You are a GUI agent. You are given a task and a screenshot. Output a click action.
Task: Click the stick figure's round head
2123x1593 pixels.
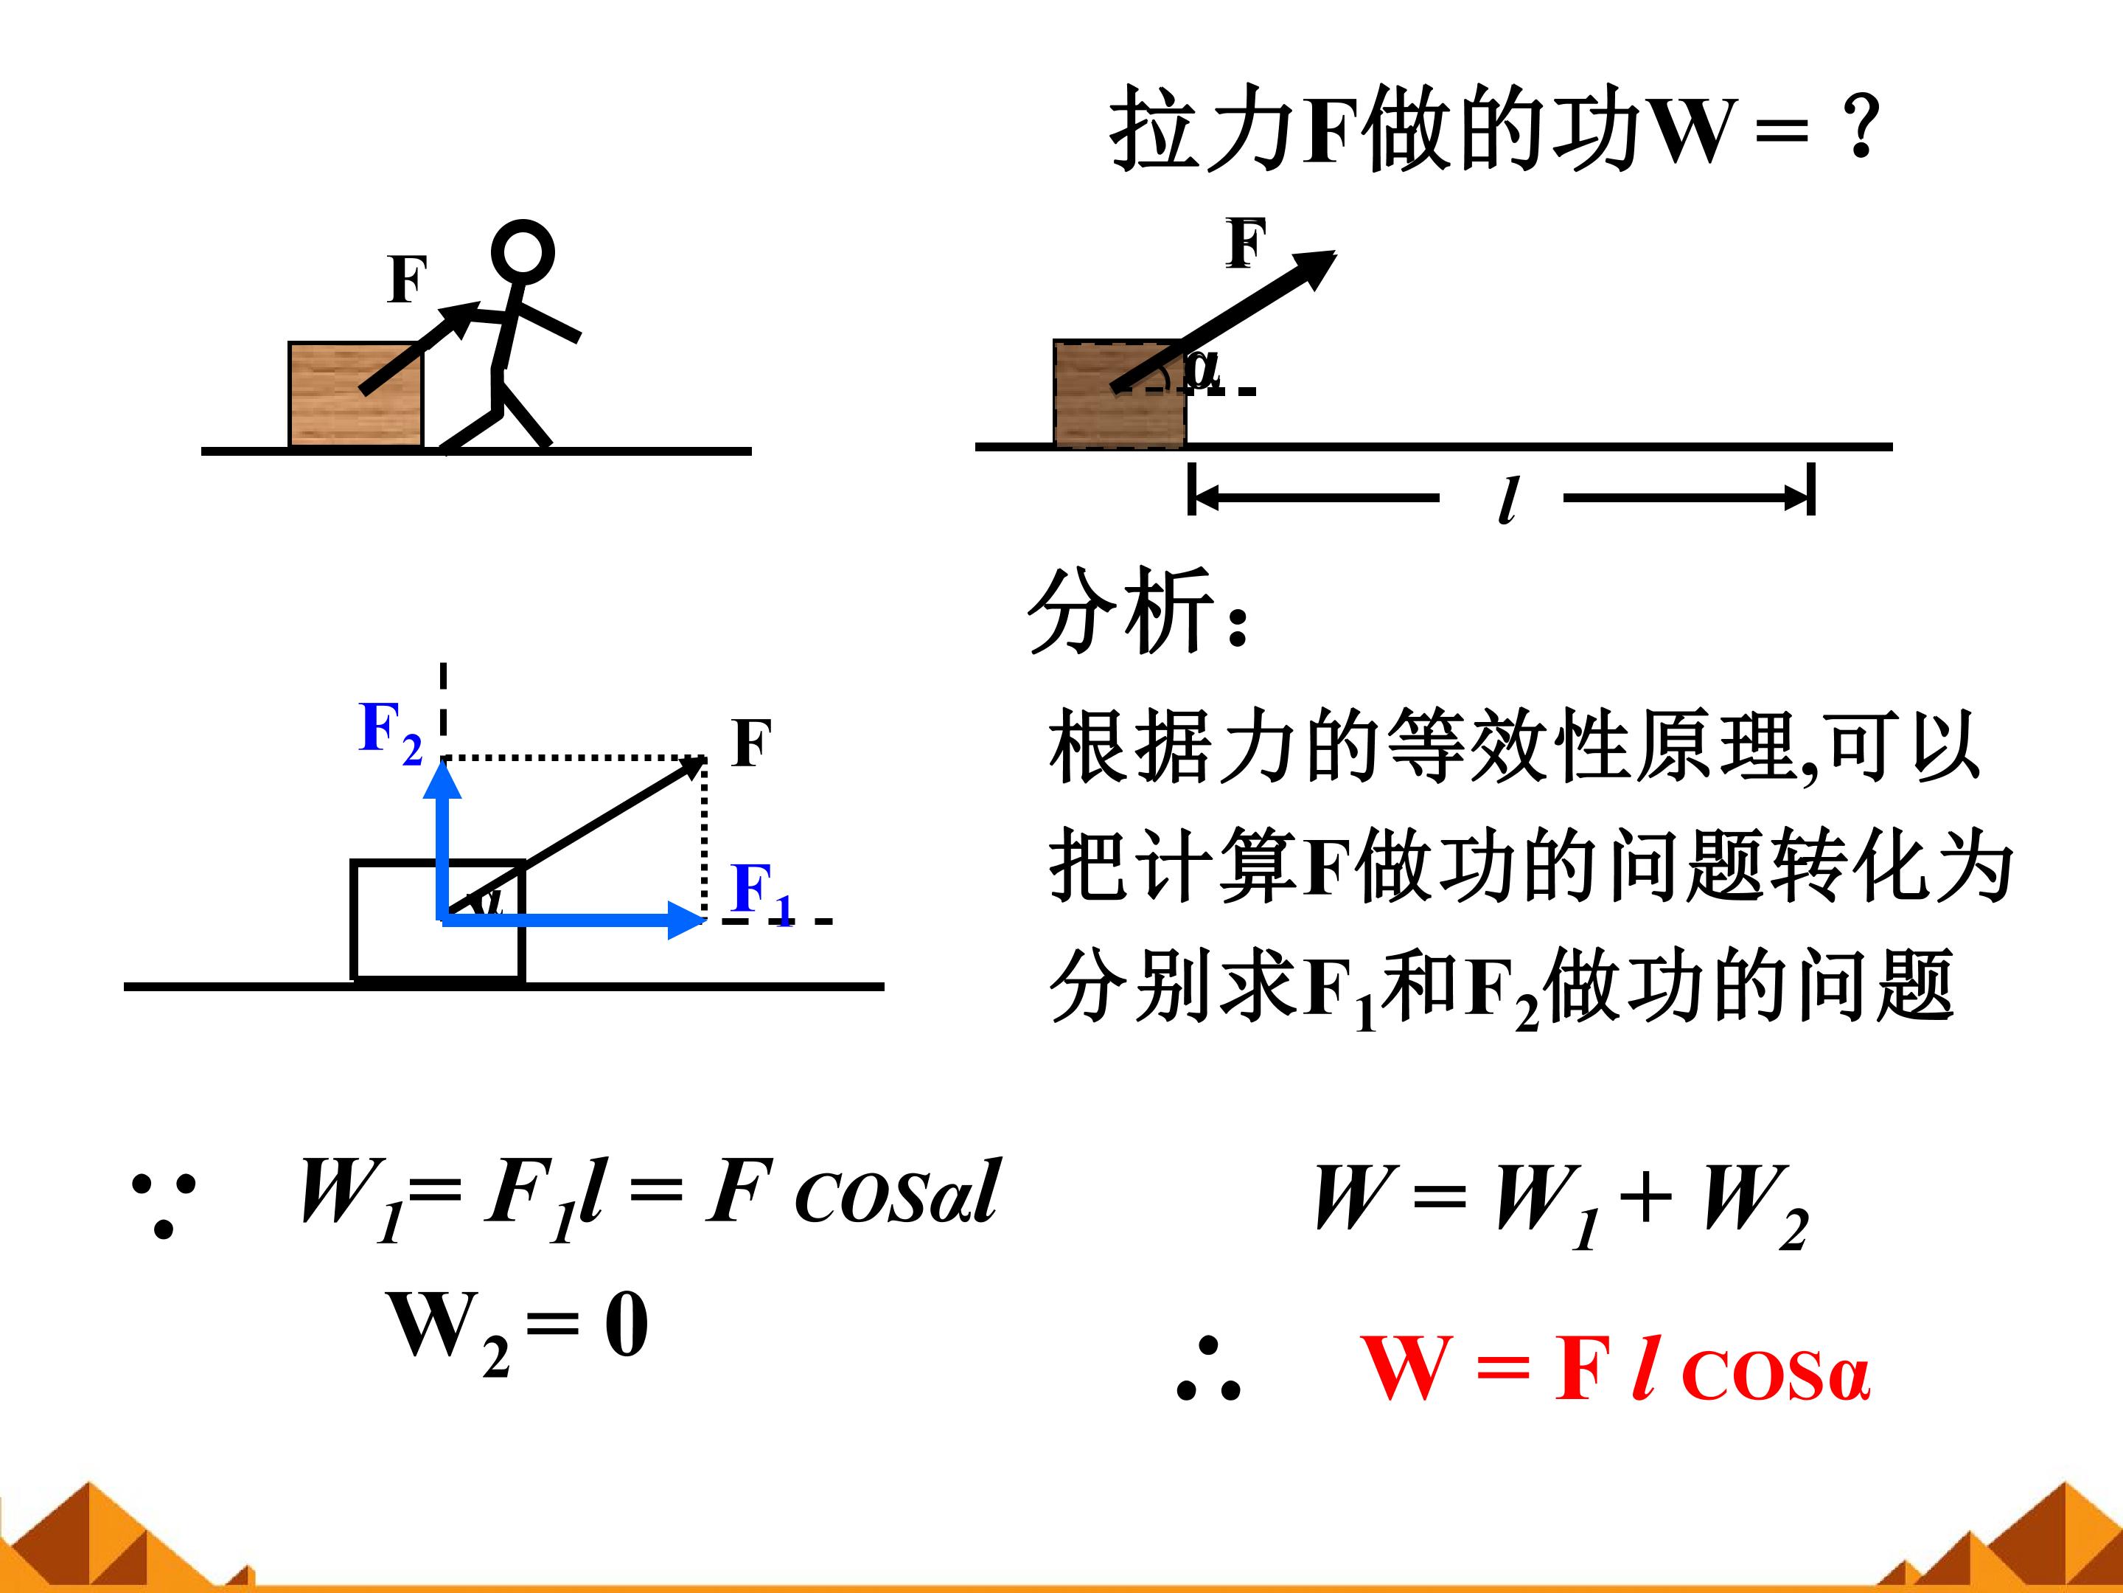522,252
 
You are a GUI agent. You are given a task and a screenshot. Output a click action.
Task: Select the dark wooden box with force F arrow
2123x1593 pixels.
1119,394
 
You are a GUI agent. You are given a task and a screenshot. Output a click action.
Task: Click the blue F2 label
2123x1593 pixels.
388,732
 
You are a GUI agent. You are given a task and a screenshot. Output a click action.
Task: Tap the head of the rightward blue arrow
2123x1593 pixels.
689,920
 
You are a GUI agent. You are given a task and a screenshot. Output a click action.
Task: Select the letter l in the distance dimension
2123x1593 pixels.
1507,499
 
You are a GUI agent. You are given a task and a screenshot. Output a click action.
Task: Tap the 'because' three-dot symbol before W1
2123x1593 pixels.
163,1204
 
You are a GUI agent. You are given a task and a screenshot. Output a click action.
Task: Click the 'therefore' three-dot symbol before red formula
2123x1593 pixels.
1208,1370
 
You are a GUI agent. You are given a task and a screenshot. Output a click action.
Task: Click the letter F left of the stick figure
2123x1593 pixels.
407,280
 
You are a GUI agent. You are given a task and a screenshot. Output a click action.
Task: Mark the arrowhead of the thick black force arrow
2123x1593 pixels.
1317,265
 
